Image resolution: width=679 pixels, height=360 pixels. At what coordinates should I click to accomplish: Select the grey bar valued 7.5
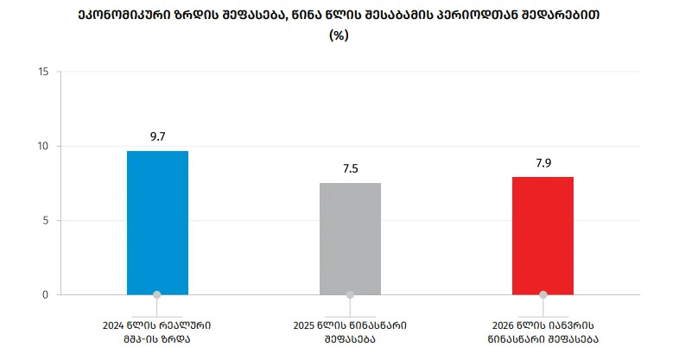click(350, 239)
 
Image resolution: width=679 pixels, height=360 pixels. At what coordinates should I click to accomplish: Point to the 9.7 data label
click(157, 136)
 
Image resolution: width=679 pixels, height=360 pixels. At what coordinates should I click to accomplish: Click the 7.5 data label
click(350, 168)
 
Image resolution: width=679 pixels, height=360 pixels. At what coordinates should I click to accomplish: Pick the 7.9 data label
click(543, 162)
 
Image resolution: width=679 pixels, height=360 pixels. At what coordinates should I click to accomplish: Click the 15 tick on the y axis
click(42, 72)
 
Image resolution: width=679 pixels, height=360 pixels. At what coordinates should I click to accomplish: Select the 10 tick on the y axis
click(42, 146)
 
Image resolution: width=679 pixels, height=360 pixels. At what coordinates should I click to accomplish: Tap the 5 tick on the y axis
click(45, 220)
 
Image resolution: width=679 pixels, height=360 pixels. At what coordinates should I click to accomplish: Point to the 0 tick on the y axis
click(45, 294)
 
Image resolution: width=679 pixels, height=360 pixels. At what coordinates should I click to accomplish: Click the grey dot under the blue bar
click(157, 294)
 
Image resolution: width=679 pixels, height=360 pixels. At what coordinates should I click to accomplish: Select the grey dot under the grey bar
click(350, 294)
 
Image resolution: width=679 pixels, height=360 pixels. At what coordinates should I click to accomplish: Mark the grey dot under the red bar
click(543, 294)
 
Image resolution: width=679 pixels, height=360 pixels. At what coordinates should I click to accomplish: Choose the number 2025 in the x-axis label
click(307, 325)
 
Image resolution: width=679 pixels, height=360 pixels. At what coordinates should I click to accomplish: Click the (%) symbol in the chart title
click(339, 37)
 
